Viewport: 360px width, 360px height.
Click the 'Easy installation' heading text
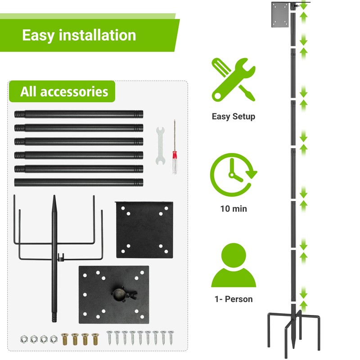tap(79, 35)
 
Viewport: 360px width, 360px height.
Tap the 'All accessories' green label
tap(64, 92)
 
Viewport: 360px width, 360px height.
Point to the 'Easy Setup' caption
tap(234, 117)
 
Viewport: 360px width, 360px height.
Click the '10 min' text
tap(234, 209)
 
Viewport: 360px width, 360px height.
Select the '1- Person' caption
tap(234, 299)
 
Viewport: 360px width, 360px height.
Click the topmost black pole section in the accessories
tap(79, 114)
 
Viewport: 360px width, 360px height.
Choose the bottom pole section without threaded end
tap(79, 183)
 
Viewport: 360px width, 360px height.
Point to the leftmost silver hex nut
tap(23, 338)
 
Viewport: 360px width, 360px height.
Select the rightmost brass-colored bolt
tap(95, 338)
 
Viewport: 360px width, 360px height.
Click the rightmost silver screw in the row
tap(171, 338)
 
